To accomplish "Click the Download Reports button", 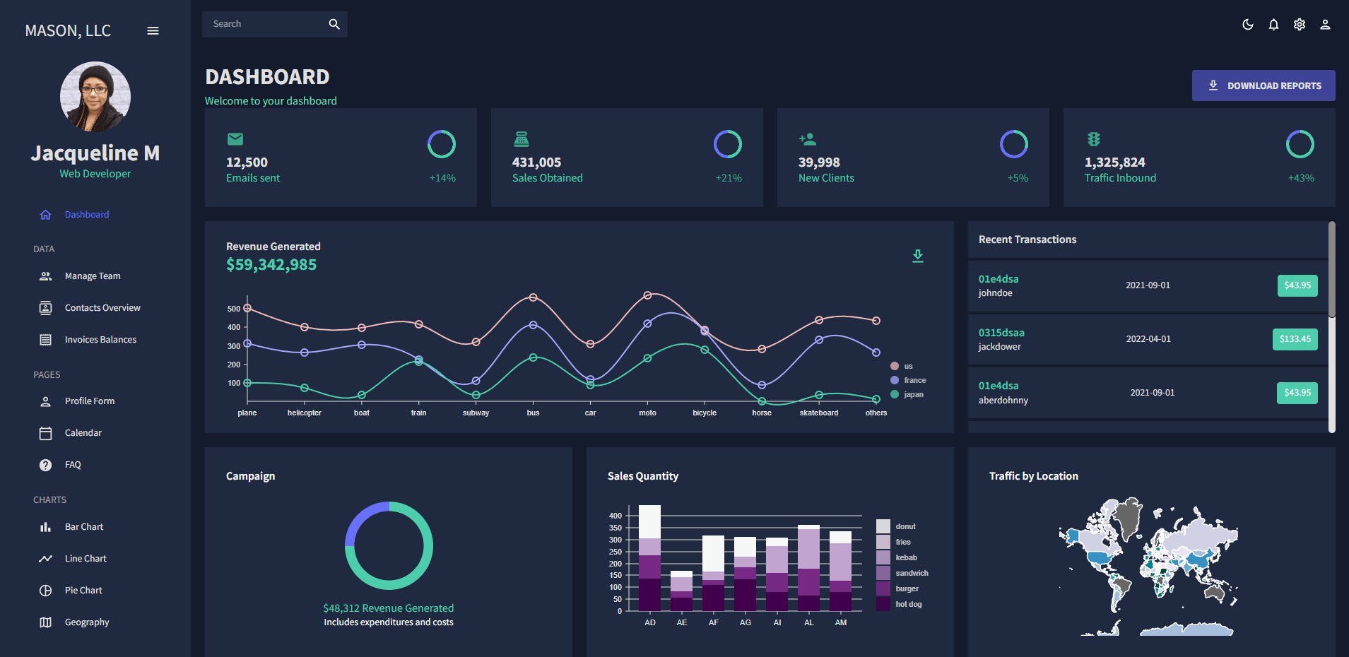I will coord(1263,85).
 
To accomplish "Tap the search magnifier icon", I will coord(334,24).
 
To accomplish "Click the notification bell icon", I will coord(1273,25).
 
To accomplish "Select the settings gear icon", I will coord(1299,25).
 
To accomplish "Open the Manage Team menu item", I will coord(93,276).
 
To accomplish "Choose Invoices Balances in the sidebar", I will coord(100,340).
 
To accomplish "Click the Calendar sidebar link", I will coord(83,433).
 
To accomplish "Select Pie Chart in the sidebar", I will coord(83,591).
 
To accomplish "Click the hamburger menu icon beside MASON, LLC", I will coord(153,31).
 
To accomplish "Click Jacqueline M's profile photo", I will coord(95,97).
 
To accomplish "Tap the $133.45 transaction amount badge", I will coord(1295,339).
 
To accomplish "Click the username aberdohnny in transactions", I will coord(1003,401).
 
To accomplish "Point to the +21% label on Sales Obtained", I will coord(728,178).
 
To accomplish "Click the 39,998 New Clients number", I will coord(818,162).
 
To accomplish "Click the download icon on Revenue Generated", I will coord(917,256).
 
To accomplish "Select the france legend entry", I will coord(914,380).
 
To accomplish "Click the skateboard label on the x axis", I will coord(818,413).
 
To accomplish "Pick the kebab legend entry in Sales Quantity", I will coord(906,557).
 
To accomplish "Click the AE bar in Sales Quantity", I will coord(681,592).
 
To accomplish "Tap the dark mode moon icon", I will coord(1247,25).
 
